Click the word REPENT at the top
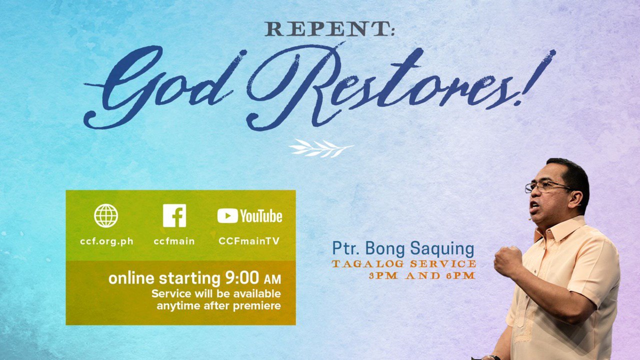point(325,29)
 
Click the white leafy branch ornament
point(321,148)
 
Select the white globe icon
point(106,215)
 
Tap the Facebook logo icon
point(174,215)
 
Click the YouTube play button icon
point(227,215)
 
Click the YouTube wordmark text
point(261,216)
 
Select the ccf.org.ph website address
point(106,241)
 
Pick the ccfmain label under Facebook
point(174,241)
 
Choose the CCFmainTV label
point(249,241)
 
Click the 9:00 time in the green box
point(242,277)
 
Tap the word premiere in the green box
point(257,306)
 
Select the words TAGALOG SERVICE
point(404,263)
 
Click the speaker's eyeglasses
point(547,187)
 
